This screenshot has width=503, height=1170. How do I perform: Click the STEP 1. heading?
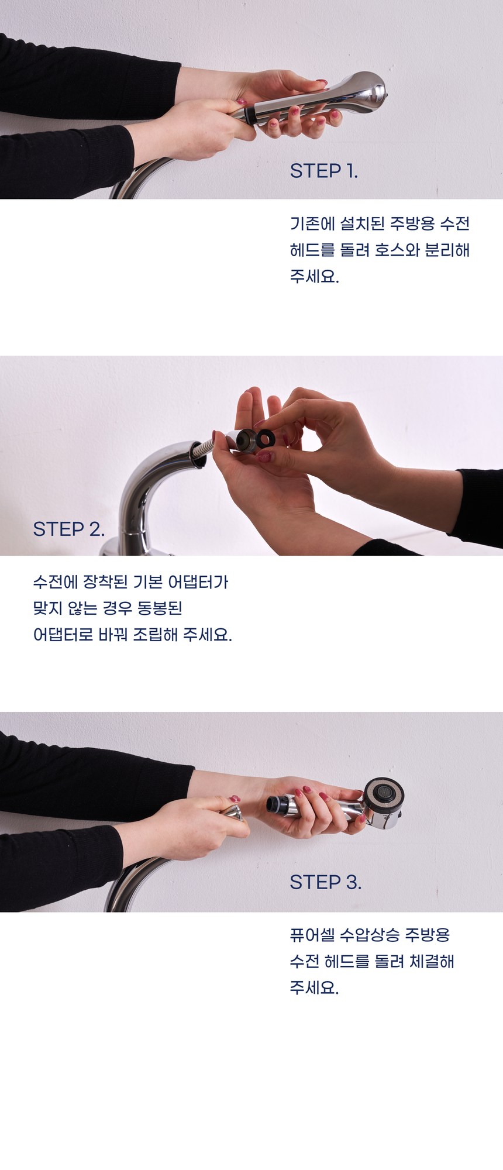(x=323, y=171)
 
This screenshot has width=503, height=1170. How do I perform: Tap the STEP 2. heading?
(x=68, y=529)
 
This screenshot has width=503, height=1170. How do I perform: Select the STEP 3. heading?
(x=325, y=882)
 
